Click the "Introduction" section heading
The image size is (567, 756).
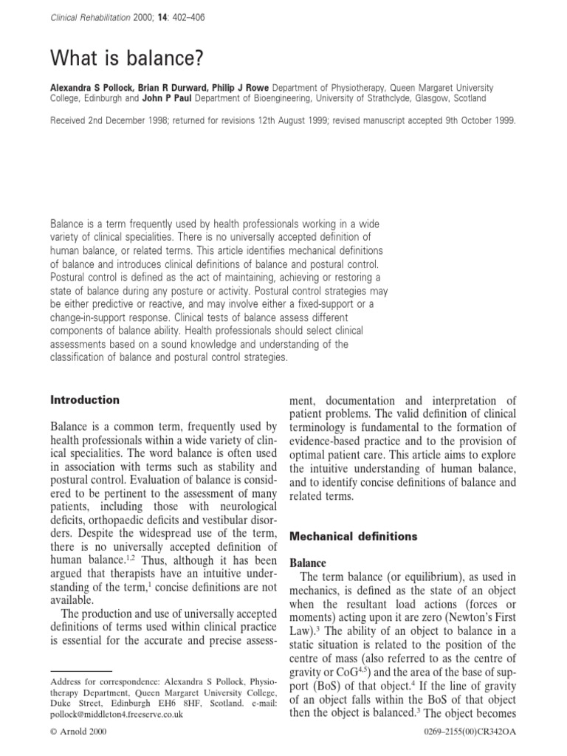(x=84, y=400)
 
